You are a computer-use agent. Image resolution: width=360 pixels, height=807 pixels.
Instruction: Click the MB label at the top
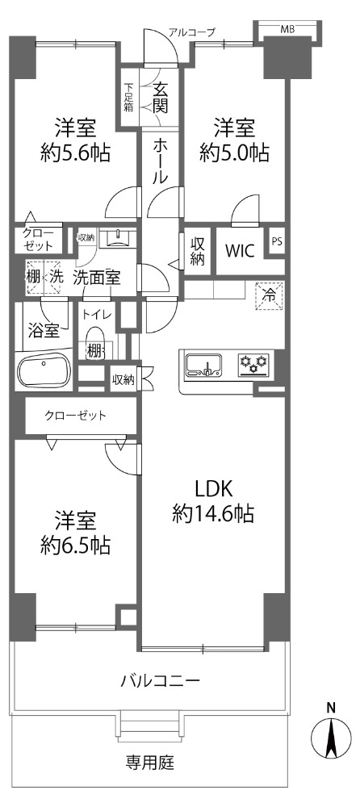[x=287, y=30]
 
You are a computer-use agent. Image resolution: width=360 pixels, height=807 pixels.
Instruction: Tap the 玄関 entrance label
[x=160, y=98]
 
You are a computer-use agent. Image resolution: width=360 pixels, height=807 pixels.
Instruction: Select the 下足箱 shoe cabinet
[x=128, y=97]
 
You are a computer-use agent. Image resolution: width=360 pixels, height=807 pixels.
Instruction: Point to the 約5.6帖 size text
[x=75, y=153]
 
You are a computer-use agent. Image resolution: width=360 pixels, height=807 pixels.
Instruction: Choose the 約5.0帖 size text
[x=235, y=153]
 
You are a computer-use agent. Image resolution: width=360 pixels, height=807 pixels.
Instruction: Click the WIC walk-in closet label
[x=239, y=252]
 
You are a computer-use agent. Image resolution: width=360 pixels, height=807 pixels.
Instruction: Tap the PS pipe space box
[x=277, y=242]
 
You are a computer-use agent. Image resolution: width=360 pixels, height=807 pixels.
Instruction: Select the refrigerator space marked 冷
[x=269, y=296]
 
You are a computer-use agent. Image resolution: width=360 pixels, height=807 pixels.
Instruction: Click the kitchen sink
[x=204, y=366]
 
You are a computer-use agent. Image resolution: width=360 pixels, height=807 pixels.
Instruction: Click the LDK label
[x=214, y=487]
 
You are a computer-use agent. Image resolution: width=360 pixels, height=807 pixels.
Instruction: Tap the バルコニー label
[x=160, y=681]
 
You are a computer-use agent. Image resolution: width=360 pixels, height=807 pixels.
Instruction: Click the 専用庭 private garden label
[x=150, y=763]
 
